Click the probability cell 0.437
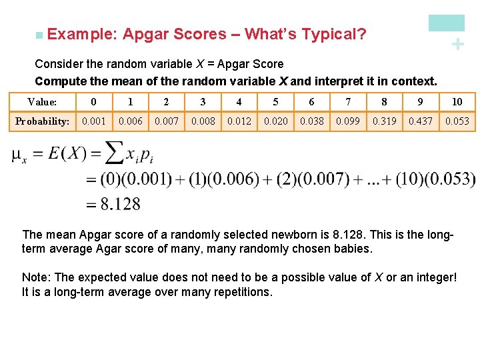[x=420, y=121]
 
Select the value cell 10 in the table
[x=457, y=102]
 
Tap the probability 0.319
[x=384, y=121]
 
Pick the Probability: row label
[x=43, y=121]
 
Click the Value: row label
[x=42, y=102]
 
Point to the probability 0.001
[x=93, y=121]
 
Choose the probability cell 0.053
[x=457, y=121]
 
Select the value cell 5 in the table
[x=275, y=102]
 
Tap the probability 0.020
[x=275, y=121]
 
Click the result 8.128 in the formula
[x=121, y=203]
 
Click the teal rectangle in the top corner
[x=446, y=23]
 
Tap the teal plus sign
[x=457, y=45]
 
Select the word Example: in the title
[x=83, y=34]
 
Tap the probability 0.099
[x=347, y=121]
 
